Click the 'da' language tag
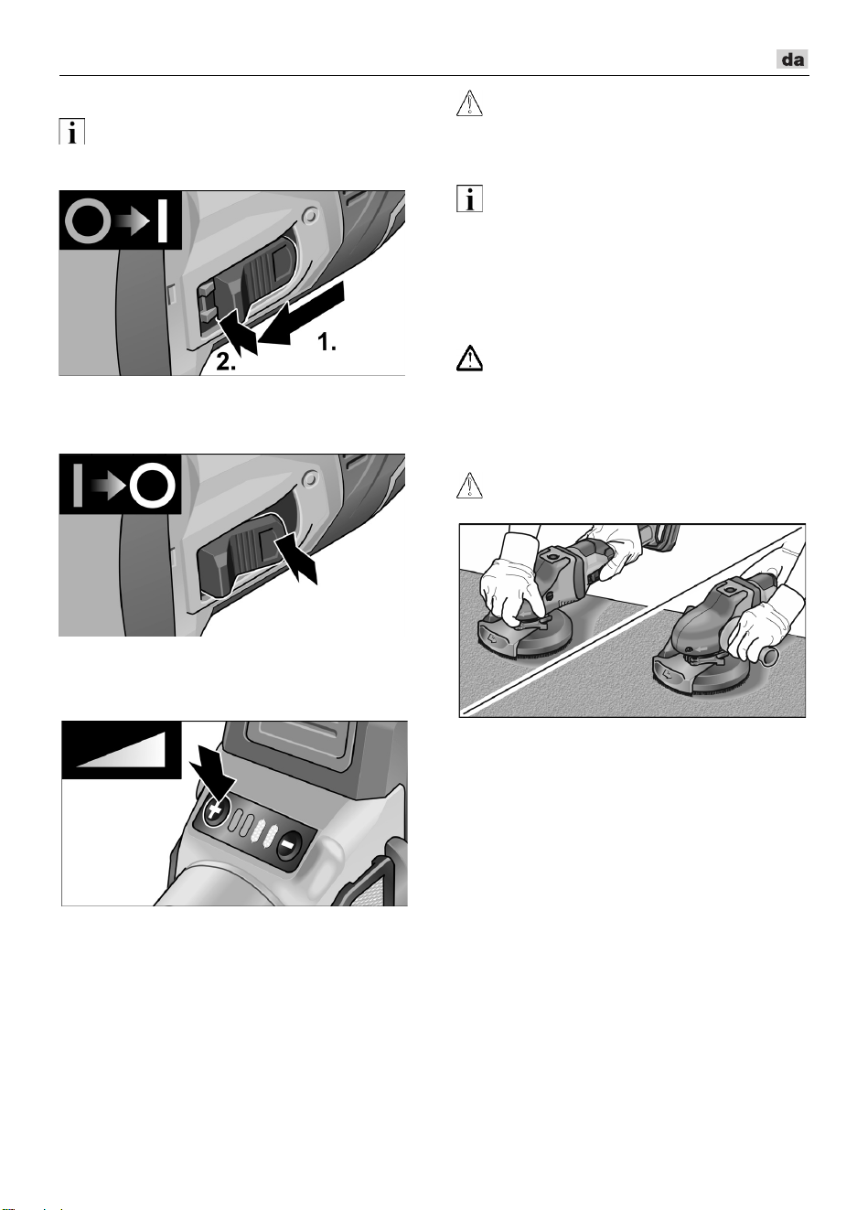(x=792, y=59)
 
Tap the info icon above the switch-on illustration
(x=72, y=132)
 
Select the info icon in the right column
(x=469, y=198)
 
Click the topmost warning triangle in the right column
(x=469, y=103)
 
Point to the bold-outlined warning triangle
(x=469, y=359)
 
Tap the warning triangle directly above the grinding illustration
(x=469, y=485)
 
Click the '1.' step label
(x=327, y=342)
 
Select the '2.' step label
(x=226, y=362)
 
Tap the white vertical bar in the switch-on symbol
(x=162, y=220)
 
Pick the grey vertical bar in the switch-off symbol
(x=78, y=485)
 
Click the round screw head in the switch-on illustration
(x=310, y=217)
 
